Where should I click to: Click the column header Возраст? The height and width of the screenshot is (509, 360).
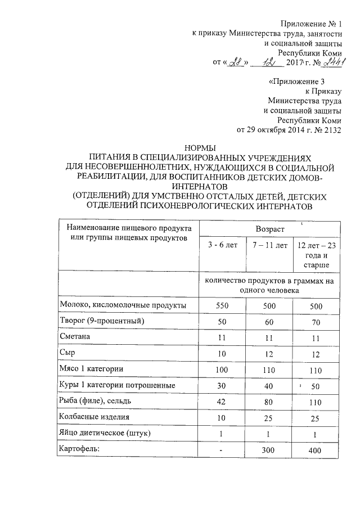point(270,229)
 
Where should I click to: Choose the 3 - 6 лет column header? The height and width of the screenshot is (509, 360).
point(223,245)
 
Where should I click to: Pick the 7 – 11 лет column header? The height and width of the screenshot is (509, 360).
point(270,245)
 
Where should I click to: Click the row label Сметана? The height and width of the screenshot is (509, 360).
point(77,336)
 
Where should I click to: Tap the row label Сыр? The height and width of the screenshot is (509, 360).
point(67,353)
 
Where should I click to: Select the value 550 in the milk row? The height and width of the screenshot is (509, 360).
point(223,305)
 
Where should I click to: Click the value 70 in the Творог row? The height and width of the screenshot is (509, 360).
point(317,321)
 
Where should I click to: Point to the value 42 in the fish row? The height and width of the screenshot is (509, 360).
point(223,401)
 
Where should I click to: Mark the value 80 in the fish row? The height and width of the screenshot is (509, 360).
point(270,401)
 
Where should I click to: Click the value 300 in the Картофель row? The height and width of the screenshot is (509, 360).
point(270,450)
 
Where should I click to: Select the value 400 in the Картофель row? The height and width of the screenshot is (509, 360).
point(317,450)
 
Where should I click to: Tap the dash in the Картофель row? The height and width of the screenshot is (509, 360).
point(223,450)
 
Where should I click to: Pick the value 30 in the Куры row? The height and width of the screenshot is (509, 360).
point(223,385)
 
